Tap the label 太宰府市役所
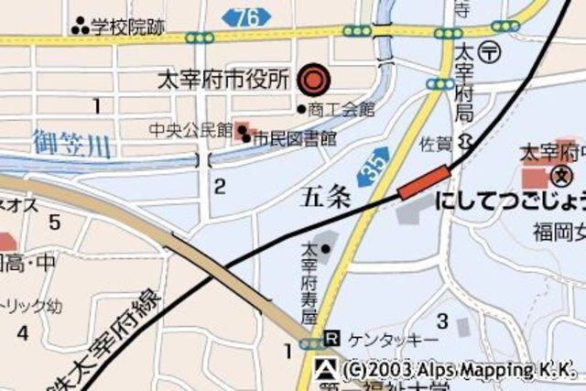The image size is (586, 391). tap(223, 81)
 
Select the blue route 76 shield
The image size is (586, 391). tap(246, 16)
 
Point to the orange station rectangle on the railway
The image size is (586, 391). tap(424, 181)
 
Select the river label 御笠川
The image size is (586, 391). tap(70, 143)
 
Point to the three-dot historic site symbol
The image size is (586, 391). tap(81, 27)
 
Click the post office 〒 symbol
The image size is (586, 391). tap(491, 51)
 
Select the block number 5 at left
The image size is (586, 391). tap(54, 222)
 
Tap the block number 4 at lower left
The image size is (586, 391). tap(22, 331)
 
